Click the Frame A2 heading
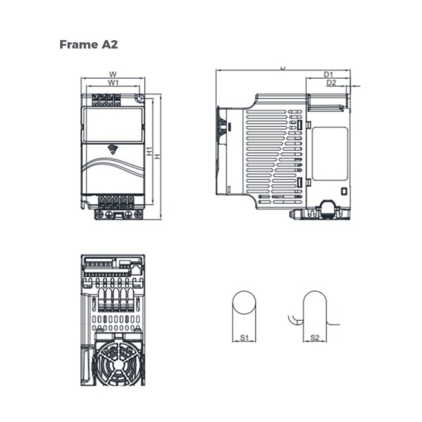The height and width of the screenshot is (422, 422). coord(89,44)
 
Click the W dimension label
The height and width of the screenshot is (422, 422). coord(113,74)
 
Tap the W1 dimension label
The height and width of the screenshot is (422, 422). coord(113,83)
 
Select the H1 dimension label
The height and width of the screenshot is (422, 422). coord(149,151)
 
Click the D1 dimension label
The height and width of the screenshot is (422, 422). coord(328,74)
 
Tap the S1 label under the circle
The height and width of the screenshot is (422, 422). coord(244,338)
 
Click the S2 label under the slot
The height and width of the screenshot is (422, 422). coord(315,338)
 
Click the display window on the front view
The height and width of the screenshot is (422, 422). coord(113,124)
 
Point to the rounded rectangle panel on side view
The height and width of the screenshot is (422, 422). coord(329,153)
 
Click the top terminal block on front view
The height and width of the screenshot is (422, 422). coord(108,101)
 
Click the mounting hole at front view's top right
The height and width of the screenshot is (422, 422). coord(140,99)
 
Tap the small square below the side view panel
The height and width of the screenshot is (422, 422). coord(343,191)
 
